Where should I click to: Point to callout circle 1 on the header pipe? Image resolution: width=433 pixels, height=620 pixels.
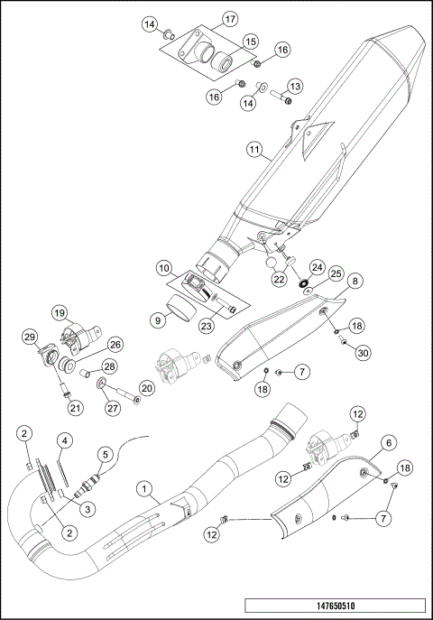click(x=143, y=489)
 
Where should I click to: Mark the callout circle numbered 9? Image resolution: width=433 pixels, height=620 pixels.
click(x=157, y=319)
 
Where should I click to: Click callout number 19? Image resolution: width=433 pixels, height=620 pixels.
click(x=60, y=313)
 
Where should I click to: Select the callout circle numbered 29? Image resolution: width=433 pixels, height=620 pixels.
click(x=30, y=338)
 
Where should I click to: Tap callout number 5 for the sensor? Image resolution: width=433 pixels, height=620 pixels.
click(x=105, y=455)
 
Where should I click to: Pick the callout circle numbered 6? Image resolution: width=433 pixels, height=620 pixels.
click(x=389, y=442)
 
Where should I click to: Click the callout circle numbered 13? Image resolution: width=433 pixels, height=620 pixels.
click(x=295, y=86)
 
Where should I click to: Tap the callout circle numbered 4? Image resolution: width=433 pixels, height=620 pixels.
click(x=65, y=440)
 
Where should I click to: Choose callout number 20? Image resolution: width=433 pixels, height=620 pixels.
click(x=146, y=387)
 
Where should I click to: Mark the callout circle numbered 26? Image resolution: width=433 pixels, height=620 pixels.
click(x=115, y=345)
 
